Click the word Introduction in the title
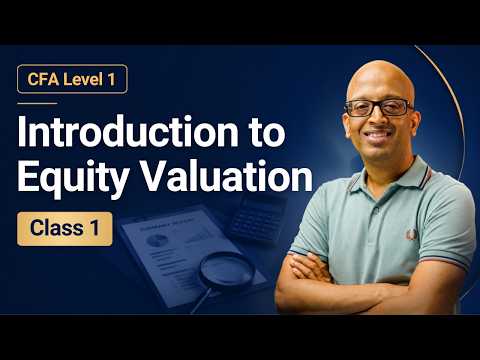click(128, 132)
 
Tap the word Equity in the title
click(73, 179)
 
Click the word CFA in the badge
click(40, 79)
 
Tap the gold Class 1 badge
click(65, 229)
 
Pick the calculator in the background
click(258, 218)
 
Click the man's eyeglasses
click(379, 108)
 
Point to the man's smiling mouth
click(378, 135)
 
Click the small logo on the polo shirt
click(411, 234)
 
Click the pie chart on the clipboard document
click(157, 240)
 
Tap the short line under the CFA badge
click(37, 103)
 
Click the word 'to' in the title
click(268, 133)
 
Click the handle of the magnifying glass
click(202, 300)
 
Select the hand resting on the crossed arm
click(308, 268)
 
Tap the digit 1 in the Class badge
click(95, 228)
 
